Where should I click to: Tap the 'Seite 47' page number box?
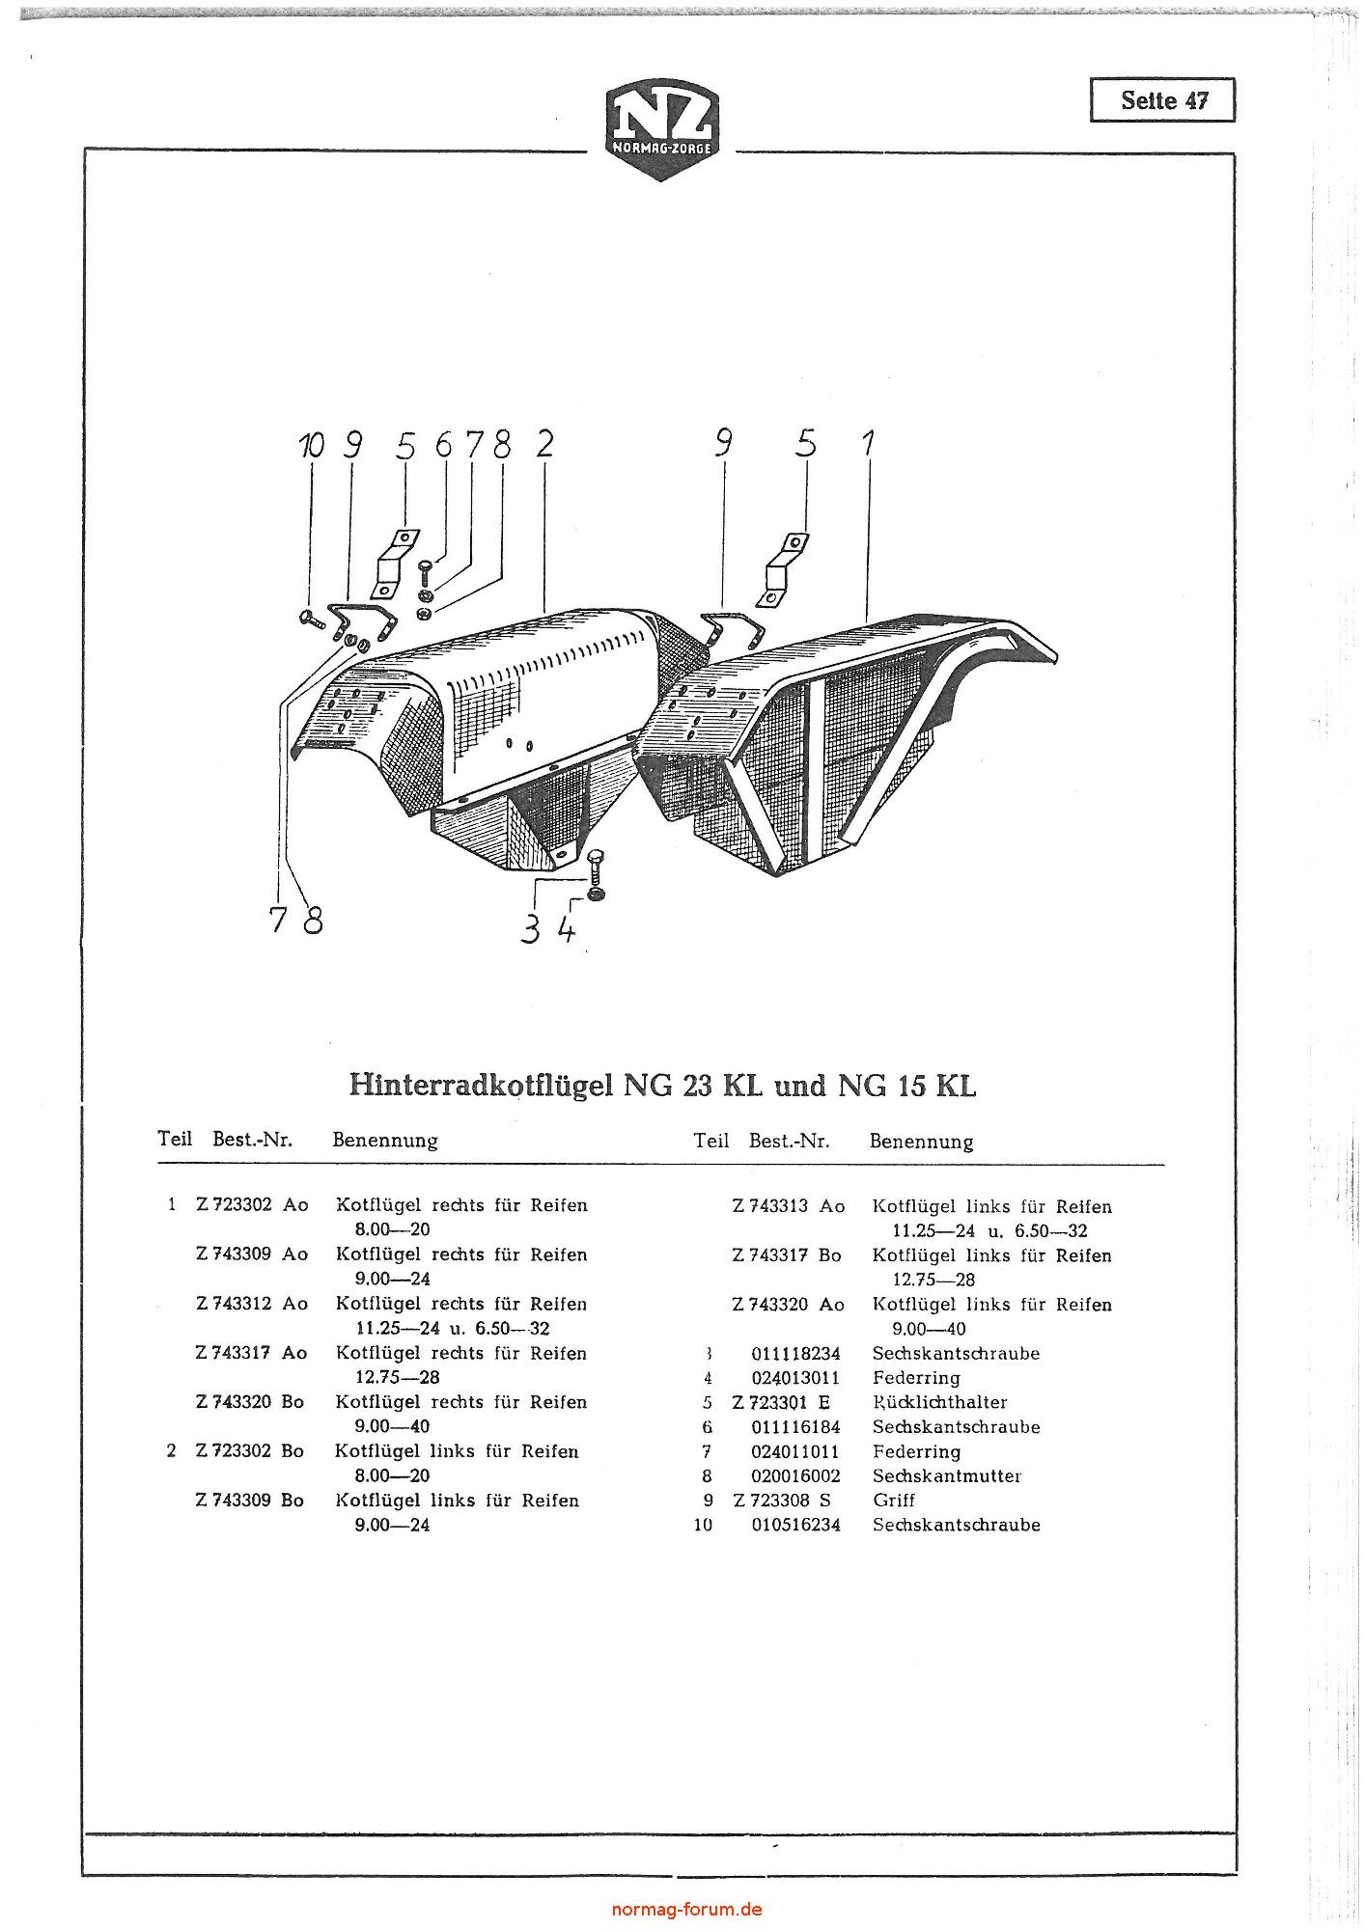1162,100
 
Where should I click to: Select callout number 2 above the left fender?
544,444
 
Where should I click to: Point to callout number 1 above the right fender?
868,444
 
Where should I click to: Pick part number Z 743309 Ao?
251,1254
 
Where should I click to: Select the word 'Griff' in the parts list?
893,1501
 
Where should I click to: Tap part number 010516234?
795,1526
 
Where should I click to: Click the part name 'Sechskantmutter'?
946,1476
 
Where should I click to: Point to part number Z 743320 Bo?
250,1402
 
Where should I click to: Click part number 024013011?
795,1378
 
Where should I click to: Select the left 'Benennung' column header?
385,1141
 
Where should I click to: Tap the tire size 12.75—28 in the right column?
933,1281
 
